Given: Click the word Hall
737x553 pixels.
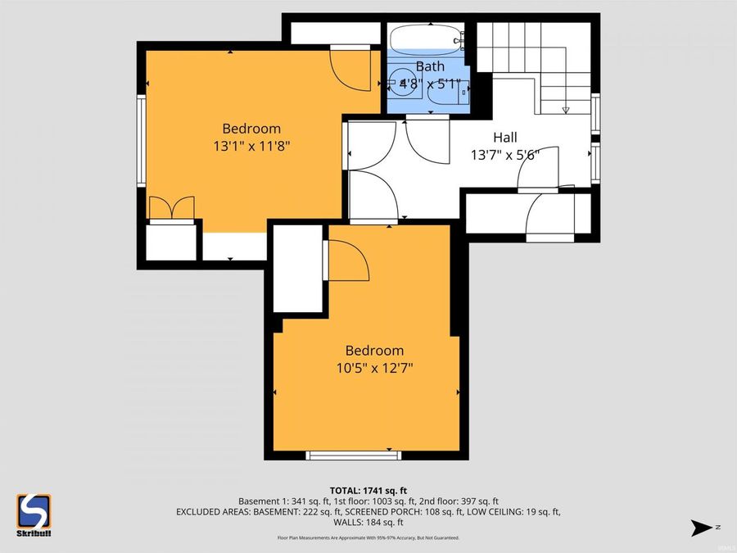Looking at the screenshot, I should [504, 138].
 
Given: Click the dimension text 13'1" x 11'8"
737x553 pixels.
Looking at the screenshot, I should [252, 146].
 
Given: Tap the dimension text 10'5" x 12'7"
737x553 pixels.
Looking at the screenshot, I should [374, 368].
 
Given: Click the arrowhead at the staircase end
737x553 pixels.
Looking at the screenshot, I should [565, 110].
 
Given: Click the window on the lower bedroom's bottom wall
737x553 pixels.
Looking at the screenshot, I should [348, 456].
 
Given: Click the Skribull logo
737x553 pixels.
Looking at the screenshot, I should [34, 514].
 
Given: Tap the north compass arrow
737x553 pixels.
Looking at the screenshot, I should [702, 527].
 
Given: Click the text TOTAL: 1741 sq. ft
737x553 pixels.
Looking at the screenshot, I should [368, 489].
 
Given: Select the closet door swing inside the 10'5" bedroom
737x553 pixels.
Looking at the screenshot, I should [346, 261].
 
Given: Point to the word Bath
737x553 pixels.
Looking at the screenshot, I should [430, 66].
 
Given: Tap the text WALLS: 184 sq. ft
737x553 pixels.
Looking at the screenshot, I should [368, 522].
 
